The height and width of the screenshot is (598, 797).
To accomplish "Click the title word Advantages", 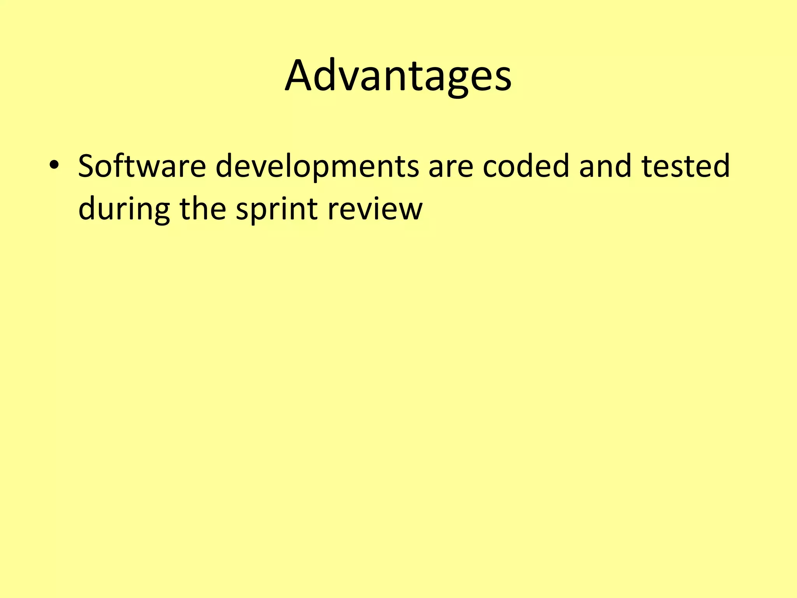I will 398,76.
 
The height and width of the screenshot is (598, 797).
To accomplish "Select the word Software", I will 142,166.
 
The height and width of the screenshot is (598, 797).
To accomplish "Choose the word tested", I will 686,166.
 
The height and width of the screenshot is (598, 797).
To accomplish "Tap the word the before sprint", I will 203,208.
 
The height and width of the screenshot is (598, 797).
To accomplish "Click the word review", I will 375,209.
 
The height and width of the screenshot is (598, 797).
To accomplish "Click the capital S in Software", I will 88,166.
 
